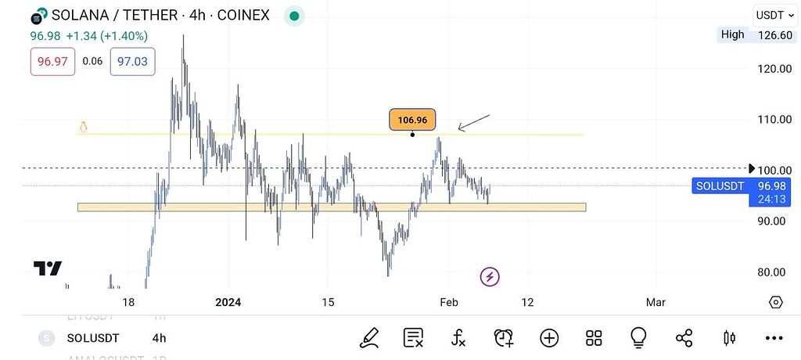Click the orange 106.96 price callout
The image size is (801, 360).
click(412, 121)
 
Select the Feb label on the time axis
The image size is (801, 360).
click(448, 302)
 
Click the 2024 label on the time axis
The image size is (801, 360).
click(228, 302)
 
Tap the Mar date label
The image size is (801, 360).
click(656, 302)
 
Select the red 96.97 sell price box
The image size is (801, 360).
click(52, 61)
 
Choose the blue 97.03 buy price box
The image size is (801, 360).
click(132, 61)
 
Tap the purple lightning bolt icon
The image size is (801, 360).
click(490, 276)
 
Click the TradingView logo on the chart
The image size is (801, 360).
click(48, 268)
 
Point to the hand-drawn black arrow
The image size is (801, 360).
click(473, 122)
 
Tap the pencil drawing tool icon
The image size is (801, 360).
click(368, 338)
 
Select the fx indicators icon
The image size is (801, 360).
click(458, 338)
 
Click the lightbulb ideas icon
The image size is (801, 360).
click(638, 338)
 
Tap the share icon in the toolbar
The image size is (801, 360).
click(684, 338)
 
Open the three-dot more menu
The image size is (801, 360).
click(774, 338)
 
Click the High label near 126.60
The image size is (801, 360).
click(733, 34)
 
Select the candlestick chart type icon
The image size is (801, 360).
click(730, 338)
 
